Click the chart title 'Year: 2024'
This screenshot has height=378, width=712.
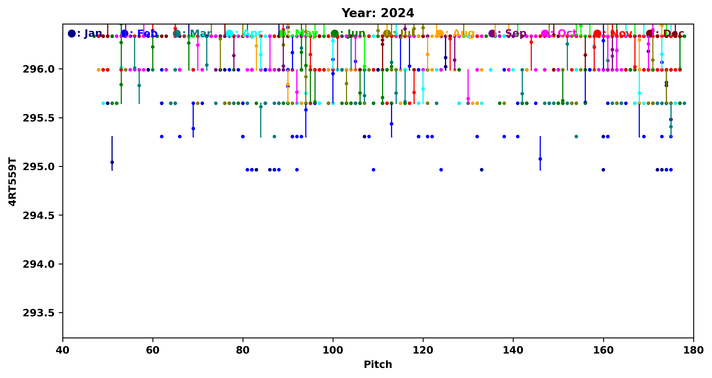click(x=377, y=13)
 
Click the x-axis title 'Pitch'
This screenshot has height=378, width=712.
click(x=377, y=364)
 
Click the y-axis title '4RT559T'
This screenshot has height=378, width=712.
click(x=12, y=182)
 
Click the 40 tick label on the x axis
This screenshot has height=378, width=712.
click(x=63, y=350)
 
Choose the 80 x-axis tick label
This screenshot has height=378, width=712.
click(x=243, y=350)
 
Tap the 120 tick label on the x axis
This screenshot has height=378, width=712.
click(x=423, y=350)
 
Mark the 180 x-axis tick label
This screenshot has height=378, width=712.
click(x=693, y=350)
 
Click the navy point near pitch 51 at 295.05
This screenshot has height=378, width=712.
click(x=112, y=162)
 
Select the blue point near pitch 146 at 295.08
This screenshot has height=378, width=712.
click(x=540, y=159)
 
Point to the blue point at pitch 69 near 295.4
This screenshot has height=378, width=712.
click(x=193, y=128)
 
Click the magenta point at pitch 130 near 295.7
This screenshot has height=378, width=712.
click(x=468, y=99)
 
